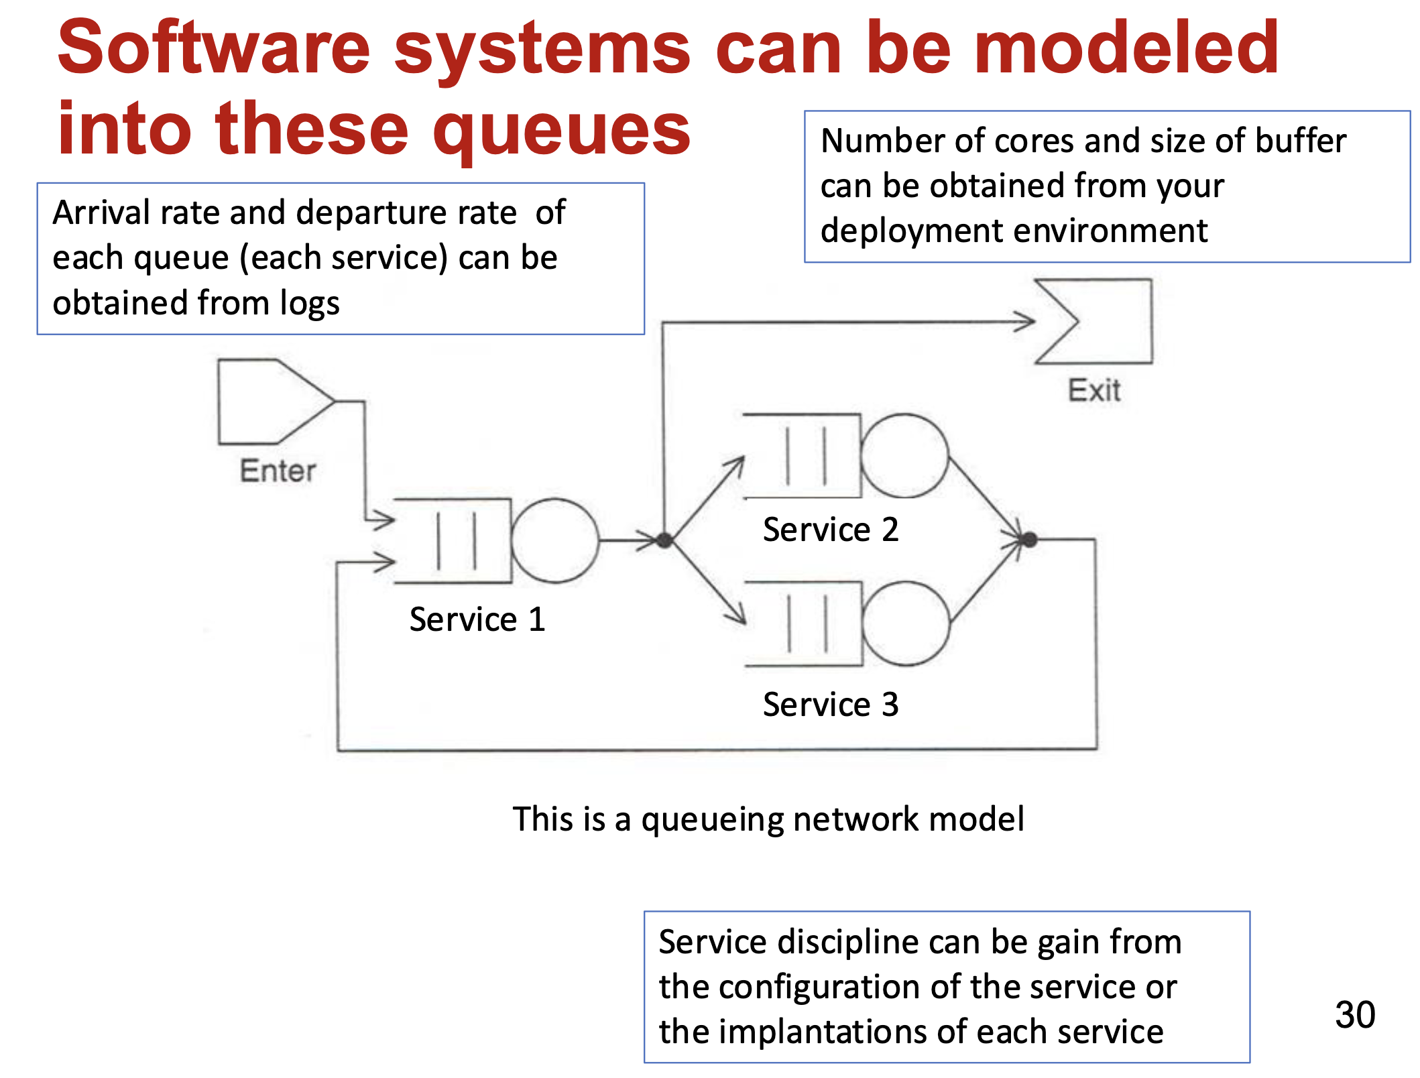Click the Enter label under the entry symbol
point(278,471)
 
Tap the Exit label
point(1094,390)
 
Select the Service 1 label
point(477,619)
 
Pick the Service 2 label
point(831,530)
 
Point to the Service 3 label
point(831,705)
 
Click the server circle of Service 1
point(554,540)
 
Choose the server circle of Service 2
point(904,456)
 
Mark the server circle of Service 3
point(906,623)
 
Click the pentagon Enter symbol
point(268,402)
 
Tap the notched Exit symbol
point(1106,322)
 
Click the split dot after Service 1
point(664,540)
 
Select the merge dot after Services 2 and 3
point(1030,539)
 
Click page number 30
point(1355,1015)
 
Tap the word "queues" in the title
point(562,129)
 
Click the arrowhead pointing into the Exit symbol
point(1026,322)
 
